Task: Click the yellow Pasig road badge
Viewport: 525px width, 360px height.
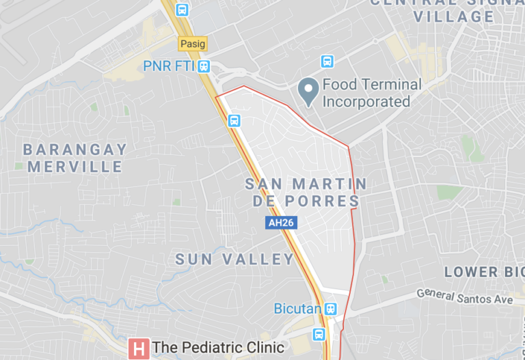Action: (192, 44)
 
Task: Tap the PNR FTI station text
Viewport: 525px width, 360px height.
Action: (169, 66)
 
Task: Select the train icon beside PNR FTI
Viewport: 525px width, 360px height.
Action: (205, 66)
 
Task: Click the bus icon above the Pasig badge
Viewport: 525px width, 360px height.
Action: (181, 10)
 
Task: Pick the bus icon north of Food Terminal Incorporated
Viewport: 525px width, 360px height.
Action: (327, 61)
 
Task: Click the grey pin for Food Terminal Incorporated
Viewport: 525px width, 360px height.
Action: (308, 92)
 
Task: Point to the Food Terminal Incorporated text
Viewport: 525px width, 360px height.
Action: (371, 94)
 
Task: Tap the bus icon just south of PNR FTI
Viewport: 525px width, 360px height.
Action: (234, 121)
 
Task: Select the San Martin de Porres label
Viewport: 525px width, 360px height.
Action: (305, 192)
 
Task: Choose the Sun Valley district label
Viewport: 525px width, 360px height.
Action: (234, 260)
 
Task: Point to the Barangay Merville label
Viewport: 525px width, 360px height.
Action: (75, 158)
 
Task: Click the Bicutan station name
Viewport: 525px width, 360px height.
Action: (297, 309)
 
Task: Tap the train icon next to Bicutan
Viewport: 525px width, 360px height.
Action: (332, 309)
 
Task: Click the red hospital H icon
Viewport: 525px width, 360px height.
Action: (139, 348)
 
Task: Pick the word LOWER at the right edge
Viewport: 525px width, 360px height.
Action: (471, 272)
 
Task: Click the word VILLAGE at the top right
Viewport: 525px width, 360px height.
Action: (448, 16)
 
